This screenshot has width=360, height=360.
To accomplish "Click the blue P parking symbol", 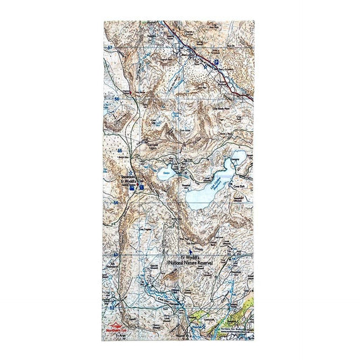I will tap(217, 61).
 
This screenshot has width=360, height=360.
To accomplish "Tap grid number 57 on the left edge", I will tap(109, 51).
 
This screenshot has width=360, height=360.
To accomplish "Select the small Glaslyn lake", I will tap(165, 173).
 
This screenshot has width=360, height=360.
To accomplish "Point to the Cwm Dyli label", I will tap(238, 182).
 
